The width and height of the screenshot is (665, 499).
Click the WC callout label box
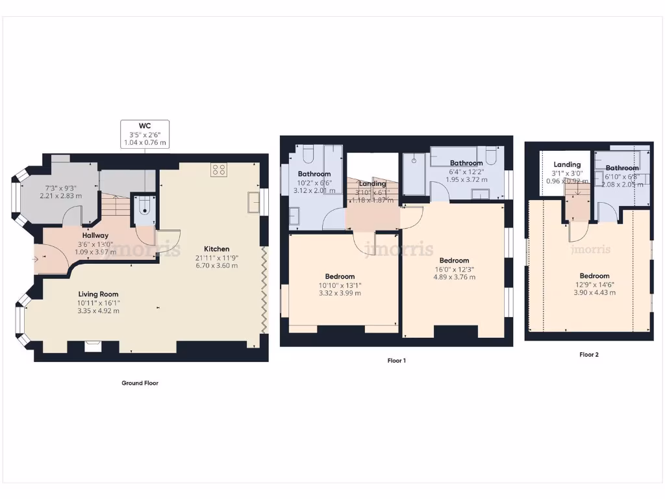145,134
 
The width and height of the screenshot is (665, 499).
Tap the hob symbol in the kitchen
219,170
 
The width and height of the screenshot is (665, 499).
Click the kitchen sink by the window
252,203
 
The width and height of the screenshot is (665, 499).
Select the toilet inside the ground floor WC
143,207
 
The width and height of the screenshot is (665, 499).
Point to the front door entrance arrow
35,259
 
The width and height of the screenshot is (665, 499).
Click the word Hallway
95,235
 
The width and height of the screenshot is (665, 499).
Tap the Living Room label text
99,294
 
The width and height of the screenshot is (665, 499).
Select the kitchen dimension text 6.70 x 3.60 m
217,265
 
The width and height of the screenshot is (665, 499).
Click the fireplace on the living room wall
93,346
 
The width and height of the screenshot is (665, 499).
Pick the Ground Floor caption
140,383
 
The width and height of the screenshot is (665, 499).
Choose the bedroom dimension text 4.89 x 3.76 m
454,277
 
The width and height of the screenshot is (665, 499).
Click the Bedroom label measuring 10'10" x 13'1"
340,276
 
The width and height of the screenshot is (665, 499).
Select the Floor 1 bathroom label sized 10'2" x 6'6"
314,174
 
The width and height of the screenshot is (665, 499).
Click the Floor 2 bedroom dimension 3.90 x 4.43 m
594,292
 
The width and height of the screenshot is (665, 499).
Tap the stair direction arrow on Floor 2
575,209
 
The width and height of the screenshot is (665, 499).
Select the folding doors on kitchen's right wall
264,290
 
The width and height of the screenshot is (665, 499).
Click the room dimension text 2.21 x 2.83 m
61,196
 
